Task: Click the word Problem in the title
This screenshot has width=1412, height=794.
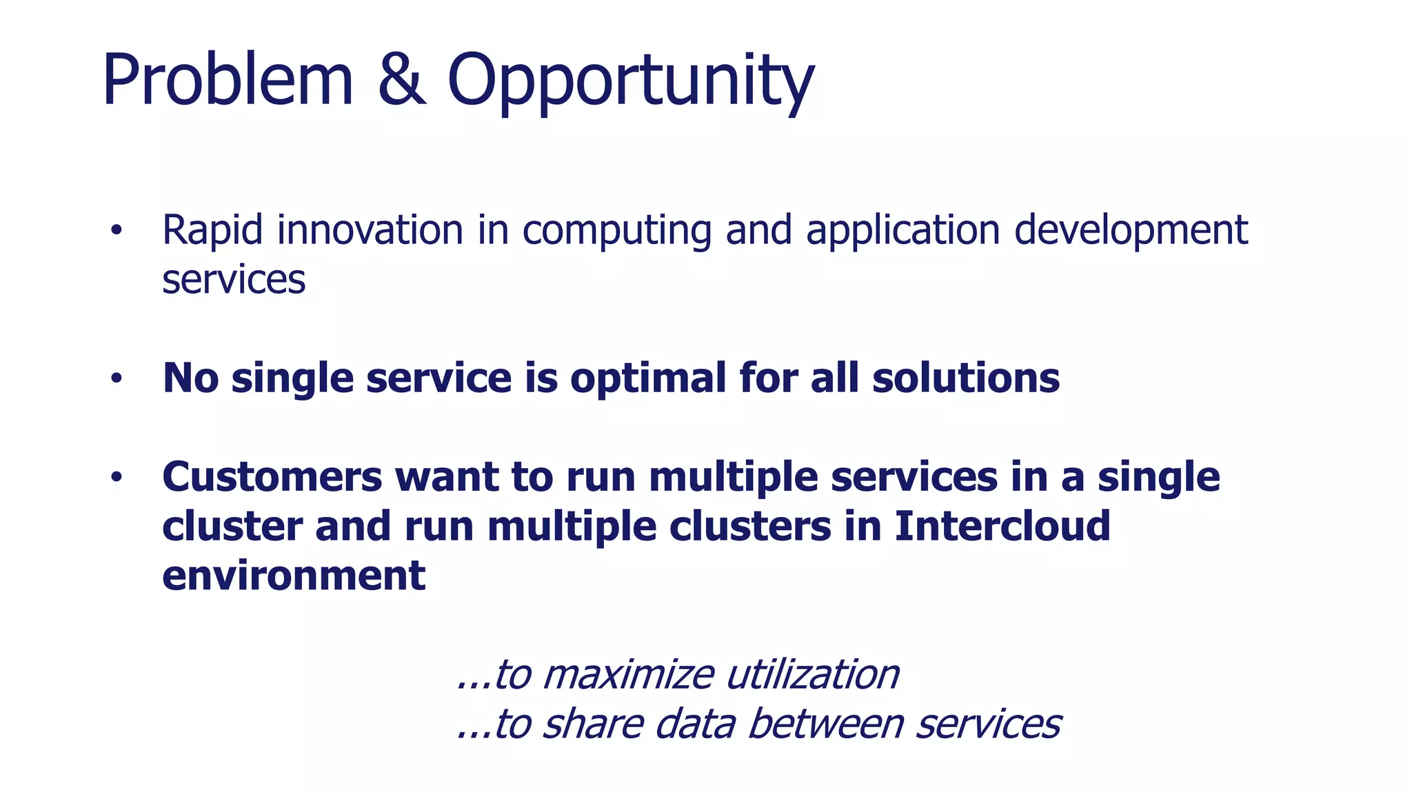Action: coord(228,80)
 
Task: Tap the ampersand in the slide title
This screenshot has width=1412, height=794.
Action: coord(401,80)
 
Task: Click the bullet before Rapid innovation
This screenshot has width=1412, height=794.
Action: coord(116,231)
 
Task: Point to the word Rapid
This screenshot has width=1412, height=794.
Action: coord(212,231)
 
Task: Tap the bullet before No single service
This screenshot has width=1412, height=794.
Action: coord(116,378)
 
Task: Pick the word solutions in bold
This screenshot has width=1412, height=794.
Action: coord(966,378)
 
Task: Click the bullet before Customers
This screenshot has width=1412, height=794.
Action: coord(116,477)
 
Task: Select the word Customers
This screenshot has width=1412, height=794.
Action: coord(272,477)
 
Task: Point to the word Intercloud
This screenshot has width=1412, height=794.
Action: coord(1002,527)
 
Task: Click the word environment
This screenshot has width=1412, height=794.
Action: coord(294,576)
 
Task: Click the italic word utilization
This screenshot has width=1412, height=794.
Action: coord(813,675)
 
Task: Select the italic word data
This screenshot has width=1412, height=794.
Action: coord(694,724)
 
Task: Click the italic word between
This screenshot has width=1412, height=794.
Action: coord(825,724)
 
